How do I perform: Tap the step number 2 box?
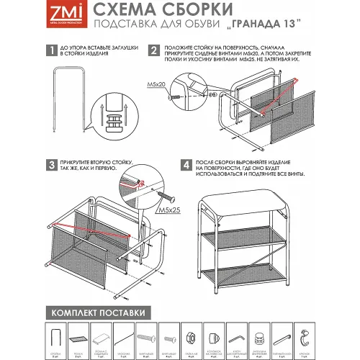tap(153, 51)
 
